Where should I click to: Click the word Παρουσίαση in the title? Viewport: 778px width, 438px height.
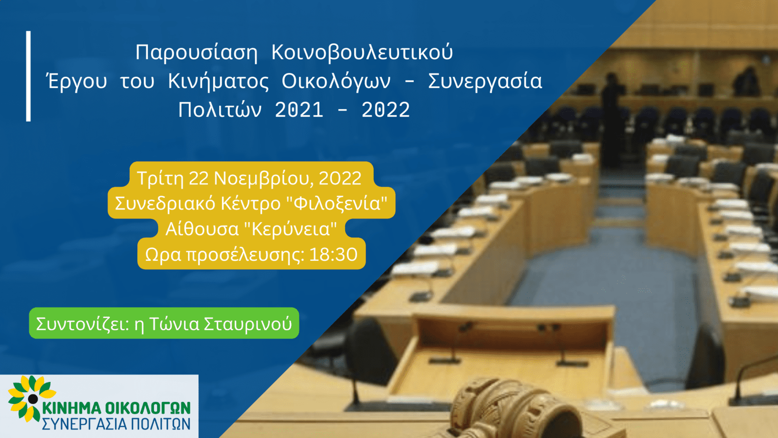[x=196, y=52]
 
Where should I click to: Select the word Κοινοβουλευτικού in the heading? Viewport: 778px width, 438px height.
[x=362, y=52]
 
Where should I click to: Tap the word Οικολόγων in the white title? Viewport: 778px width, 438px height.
[x=336, y=81]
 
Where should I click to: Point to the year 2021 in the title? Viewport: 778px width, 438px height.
[x=299, y=110]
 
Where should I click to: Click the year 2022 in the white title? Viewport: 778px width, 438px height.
[x=386, y=110]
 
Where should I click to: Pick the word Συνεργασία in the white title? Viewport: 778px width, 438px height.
[x=485, y=81]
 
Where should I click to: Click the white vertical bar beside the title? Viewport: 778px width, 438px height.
[x=28, y=76]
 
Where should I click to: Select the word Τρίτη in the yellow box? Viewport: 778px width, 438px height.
[x=160, y=178]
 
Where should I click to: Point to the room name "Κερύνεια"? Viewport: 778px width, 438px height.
[x=290, y=229]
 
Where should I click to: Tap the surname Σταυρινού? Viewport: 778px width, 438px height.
[x=248, y=324]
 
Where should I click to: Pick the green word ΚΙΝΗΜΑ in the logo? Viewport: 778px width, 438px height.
[x=72, y=408]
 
